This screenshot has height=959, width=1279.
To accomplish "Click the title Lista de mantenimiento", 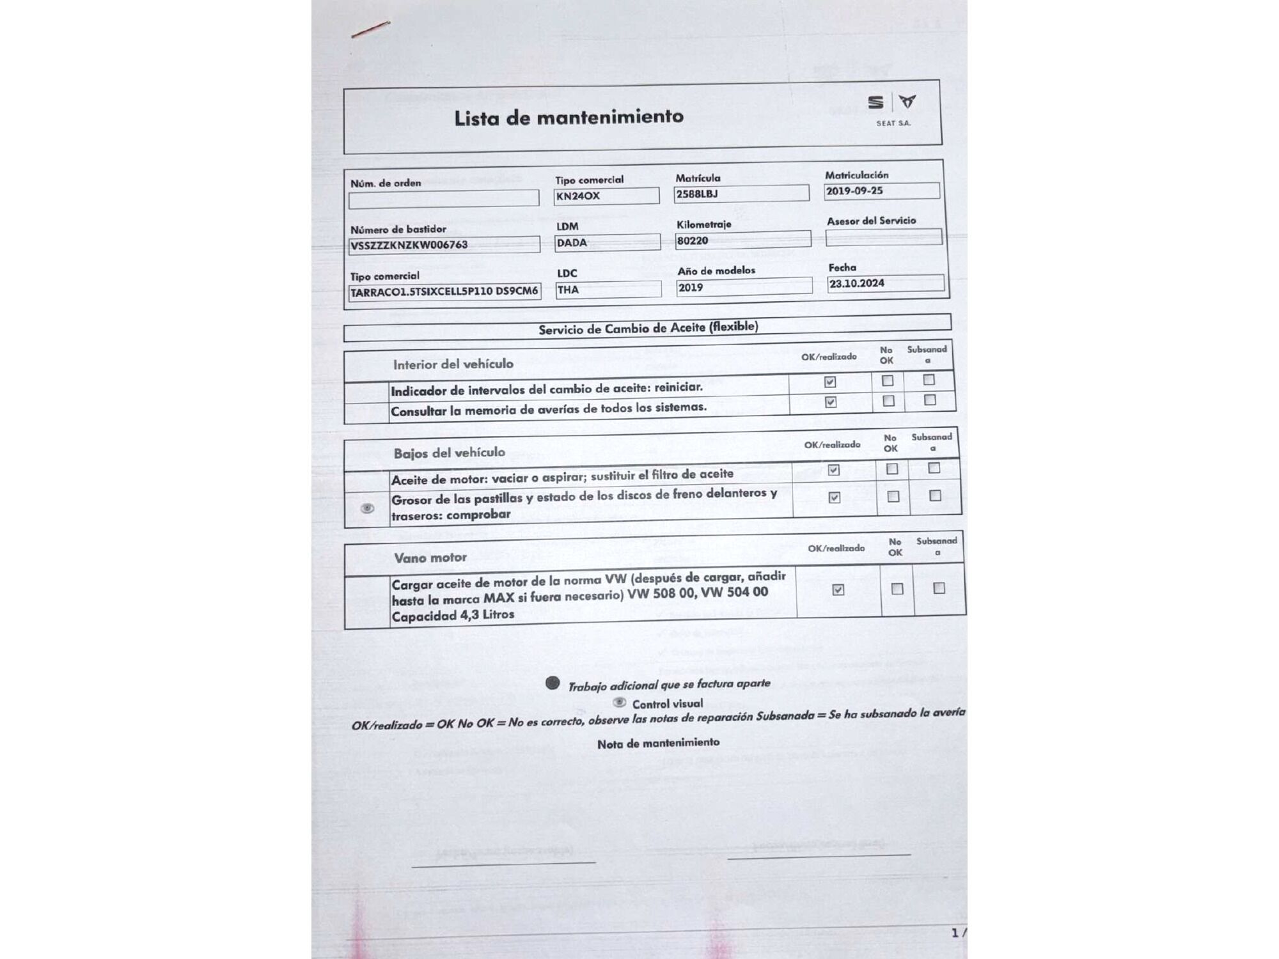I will (x=569, y=118).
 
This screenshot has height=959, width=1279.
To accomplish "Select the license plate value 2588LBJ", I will (x=697, y=194).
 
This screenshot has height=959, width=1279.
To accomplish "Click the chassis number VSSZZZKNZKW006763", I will (x=409, y=245).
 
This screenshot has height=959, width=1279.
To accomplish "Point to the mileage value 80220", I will (x=693, y=241).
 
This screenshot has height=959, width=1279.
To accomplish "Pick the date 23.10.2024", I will (x=857, y=283).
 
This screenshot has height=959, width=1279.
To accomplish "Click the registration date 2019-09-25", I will (x=854, y=191).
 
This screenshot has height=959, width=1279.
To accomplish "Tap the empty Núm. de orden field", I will (x=443, y=199).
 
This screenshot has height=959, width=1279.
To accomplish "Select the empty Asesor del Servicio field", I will (x=883, y=237).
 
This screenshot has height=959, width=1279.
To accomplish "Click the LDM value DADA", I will (x=572, y=243).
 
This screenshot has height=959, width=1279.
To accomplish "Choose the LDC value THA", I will (x=568, y=290).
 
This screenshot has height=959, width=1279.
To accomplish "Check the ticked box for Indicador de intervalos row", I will (x=830, y=382).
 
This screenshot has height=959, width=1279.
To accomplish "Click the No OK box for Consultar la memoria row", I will (x=888, y=401).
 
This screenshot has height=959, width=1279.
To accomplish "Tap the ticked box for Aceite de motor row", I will (x=833, y=470).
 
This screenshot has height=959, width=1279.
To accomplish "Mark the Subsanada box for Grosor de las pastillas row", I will (x=935, y=495).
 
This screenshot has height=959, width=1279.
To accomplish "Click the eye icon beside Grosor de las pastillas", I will (x=367, y=508).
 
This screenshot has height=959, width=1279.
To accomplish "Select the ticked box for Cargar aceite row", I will (x=838, y=589).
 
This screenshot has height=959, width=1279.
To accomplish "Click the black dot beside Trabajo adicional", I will (x=553, y=683).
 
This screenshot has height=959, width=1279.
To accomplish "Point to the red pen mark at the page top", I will (x=370, y=29).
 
